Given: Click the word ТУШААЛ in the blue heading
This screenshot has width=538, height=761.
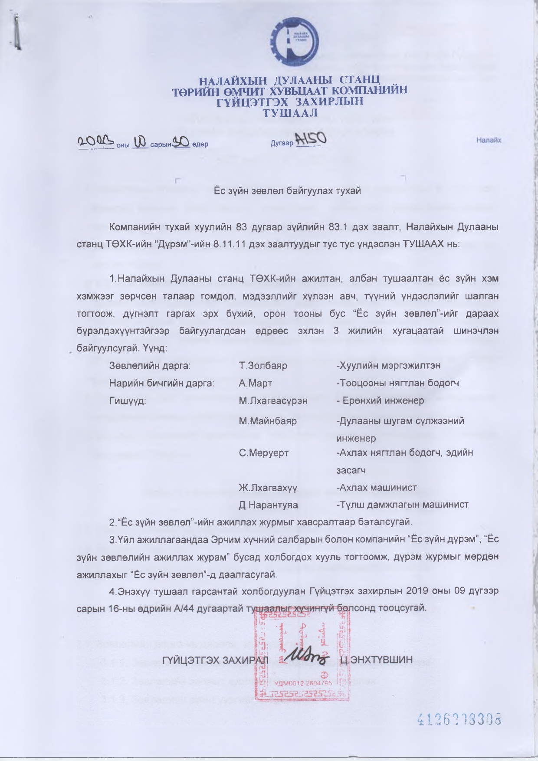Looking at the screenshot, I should [x=291, y=113].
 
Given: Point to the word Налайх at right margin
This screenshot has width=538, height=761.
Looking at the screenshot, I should [x=489, y=141].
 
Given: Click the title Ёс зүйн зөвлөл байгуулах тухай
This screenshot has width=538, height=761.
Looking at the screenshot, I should [x=288, y=191].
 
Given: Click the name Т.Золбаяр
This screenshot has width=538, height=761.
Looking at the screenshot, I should [x=263, y=366].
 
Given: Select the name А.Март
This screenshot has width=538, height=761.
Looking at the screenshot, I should [x=256, y=383].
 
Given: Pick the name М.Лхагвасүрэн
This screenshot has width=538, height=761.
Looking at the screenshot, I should [x=273, y=400].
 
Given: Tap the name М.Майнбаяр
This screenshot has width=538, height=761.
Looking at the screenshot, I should [x=268, y=421].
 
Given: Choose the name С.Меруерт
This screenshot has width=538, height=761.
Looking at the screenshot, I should [x=264, y=453].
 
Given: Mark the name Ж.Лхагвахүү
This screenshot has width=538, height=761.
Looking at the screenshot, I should [x=268, y=487].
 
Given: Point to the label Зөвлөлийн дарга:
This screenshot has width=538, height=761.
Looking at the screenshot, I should [x=150, y=366].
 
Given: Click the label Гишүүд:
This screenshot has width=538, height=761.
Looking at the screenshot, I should [x=128, y=400].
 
